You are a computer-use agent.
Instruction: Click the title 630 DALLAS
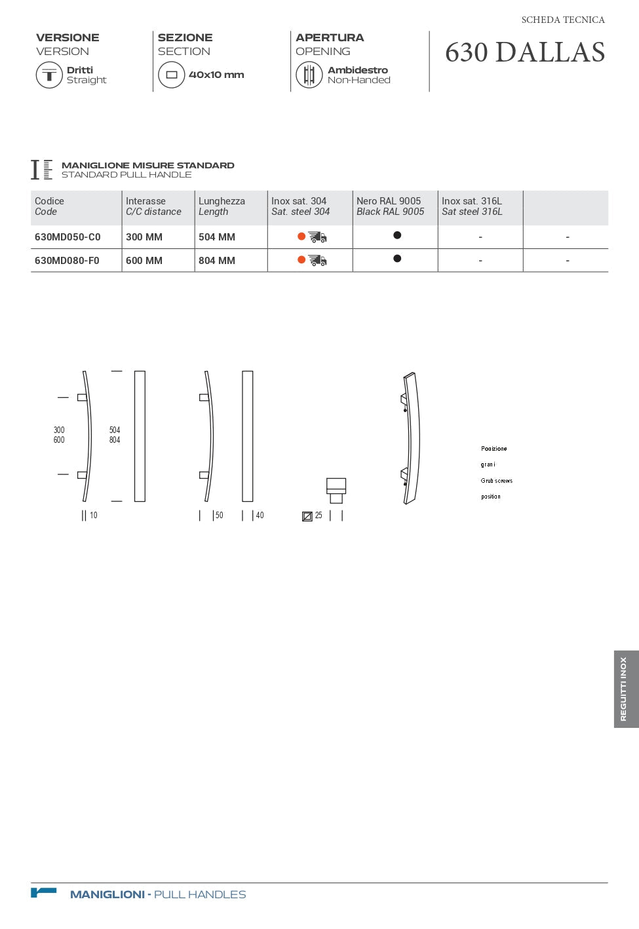pyautogui.click(x=525, y=52)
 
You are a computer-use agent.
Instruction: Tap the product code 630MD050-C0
pyautogui.click(x=68, y=237)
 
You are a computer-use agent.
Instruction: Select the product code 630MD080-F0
pyautogui.click(x=67, y=261)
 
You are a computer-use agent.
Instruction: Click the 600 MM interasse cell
pyautogui.click(x=144, y=261)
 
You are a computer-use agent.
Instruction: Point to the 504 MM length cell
pyautogui.click(x=217, y=237)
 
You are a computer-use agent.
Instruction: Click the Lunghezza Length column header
pyautogui.click(x=222, y=206)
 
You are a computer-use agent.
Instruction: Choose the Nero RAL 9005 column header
pyautogui.click(x=390, y=206)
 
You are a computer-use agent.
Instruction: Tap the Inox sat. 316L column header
pyautogui.click(x=472, y=206)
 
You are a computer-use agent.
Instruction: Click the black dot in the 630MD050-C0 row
pyautogui.click(x=397, y=235)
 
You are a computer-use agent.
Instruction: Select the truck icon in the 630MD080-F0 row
pyautogui.click(x=318, y=261)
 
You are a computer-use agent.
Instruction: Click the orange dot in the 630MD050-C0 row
pyautogui.click(x=301, y=237)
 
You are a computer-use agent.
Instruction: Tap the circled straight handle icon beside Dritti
pyautogui.click(x=49, y=75)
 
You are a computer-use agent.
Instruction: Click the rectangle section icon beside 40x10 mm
pyautogui.click(x=172, y=75)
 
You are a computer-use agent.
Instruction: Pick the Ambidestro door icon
pyautogui.click(x=309, y=75)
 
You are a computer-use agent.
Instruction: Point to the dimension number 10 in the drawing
pyautogui.click(x=94, y=516)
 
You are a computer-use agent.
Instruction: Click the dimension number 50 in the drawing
pyautogui.click(x=220, y=516)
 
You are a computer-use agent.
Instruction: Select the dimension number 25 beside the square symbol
pyautogui.click(x=319, y=516)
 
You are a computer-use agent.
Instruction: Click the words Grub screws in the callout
pyautogui.click(x=497, y=481)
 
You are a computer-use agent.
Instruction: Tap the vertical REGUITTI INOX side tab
pyautogui.click(x=625, y=689)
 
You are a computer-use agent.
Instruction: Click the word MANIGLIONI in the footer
pyautogui.click(x=107, y=894)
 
